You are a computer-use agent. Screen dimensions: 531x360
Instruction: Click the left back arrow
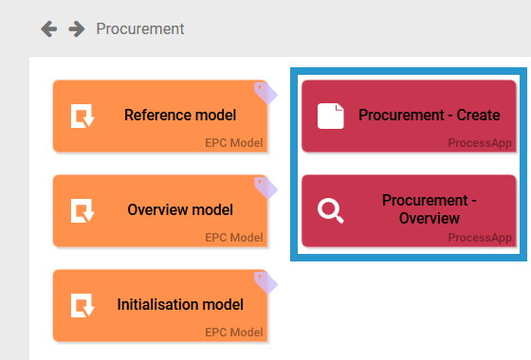click(x=48, y=29)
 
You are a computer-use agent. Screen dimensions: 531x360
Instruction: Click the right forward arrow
click(x=76, y=29)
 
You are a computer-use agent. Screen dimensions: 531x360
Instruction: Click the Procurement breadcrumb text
click(x=140, y=29)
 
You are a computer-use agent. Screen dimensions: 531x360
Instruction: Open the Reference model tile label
click(x=180, y=116)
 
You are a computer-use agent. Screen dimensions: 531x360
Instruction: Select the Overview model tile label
click(x=180, y=210)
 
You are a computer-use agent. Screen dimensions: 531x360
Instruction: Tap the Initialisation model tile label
click(x=180, y=305)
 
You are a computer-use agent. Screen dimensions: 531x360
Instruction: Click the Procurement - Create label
click(x=430, y=116)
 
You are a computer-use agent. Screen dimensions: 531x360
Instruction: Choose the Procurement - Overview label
click(x=430, y=209)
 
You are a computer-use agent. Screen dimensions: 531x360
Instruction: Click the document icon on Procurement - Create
click(x=330, y=117)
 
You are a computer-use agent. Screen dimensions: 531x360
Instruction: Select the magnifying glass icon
click(x=330, y=210)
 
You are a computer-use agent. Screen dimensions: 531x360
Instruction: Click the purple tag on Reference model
click(x=265, y=92)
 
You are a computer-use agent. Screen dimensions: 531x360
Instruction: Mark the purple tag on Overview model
click(x=265, y=187)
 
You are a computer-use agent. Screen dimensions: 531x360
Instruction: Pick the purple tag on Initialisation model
click(x=265, y=281)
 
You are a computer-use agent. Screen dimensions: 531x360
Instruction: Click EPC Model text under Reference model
click(x=233, y=143)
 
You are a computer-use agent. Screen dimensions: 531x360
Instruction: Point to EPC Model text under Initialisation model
click(x=233, y=333)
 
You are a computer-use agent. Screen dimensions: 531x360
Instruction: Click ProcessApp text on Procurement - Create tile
click(x=480, y=143)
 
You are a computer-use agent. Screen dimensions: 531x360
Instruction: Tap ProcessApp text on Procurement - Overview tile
click(x=480, y=238)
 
